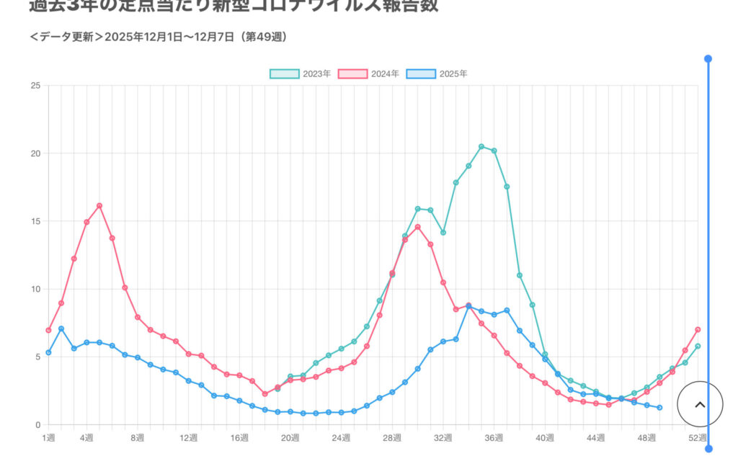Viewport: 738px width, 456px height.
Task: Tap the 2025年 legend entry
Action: [x=437, y=74]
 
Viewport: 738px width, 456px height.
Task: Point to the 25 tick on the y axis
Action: [x=35, y=86]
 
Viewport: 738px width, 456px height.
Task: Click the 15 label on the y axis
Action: [x=35, y=221]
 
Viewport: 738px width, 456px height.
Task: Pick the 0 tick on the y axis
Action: [x=37, y=425]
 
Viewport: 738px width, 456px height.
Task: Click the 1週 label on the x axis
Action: [x=48, y=438]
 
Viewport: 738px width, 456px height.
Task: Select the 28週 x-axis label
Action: [x=392, y=438]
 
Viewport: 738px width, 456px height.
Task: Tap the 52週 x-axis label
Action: [x=697, y=438]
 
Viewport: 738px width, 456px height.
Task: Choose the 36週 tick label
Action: [x=494, y=438]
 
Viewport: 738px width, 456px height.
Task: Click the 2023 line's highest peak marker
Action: [x=481, y=147]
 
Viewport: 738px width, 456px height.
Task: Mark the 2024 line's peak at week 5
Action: [x=99, y=206]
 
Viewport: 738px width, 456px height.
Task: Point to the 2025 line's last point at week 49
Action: [x=659, y=408]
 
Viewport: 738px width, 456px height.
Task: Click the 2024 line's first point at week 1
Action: [x=48, y=330]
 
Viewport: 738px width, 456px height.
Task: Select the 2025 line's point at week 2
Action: [x=61, y=328]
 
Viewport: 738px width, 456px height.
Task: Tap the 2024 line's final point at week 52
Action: [x=698, y=330]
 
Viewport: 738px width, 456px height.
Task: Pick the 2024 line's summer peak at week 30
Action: [x=417, y=227]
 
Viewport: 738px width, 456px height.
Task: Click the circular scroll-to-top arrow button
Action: [x=700, y=405]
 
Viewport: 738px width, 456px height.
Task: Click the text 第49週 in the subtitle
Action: [x=265, y=37]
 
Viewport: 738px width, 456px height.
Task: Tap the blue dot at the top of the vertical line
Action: [x=708, y=59]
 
